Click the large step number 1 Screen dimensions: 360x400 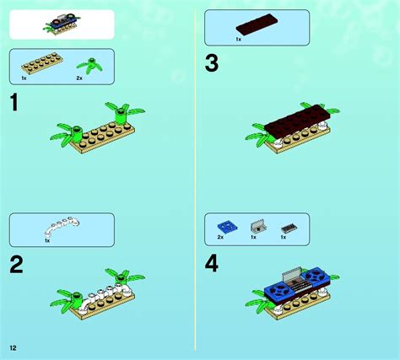14,104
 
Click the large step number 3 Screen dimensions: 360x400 212,64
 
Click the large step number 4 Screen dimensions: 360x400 212,265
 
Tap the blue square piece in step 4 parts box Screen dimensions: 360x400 226,226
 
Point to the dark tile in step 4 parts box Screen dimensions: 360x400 289,227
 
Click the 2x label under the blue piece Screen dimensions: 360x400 220,238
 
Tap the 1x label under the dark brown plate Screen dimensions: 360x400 238,39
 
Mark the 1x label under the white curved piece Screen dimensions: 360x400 47,241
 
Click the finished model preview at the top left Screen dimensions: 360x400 61,24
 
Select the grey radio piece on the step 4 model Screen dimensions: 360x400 289,275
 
